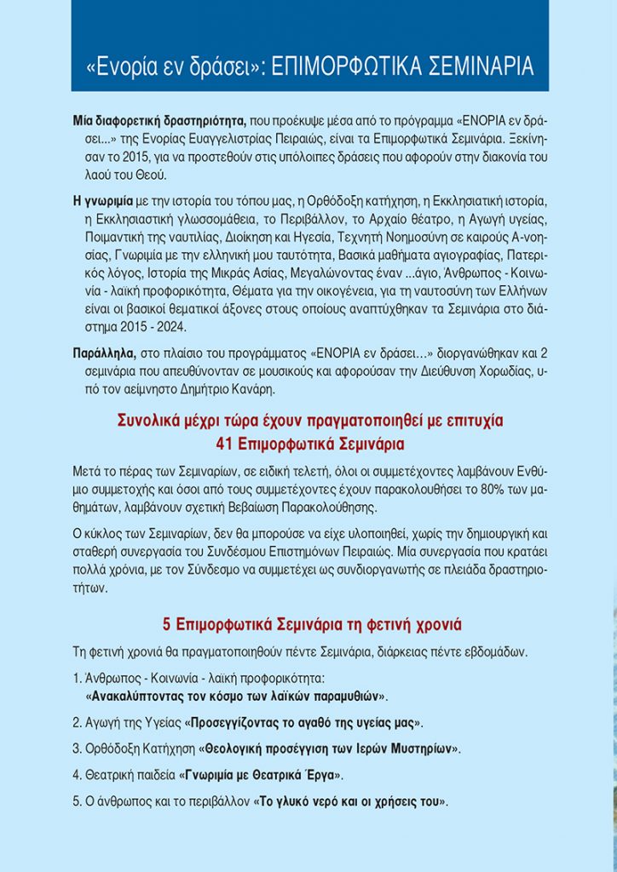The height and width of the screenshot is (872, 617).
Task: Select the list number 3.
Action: (x=77, y=749)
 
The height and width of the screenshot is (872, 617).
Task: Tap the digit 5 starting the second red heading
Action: (x=167, y=625)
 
